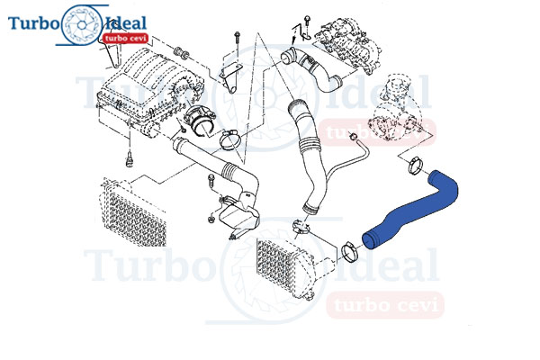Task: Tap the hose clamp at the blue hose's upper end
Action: (415, 165)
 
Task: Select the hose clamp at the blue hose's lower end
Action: (349, 252)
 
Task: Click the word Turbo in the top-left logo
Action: (33, 23)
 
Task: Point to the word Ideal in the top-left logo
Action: (127, 23)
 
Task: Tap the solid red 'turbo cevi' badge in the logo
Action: (125, 38)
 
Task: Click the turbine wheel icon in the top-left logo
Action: (82, 25)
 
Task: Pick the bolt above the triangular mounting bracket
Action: (237, 42)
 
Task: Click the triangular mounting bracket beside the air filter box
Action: (229, 77)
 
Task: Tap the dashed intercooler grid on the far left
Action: (132, 211)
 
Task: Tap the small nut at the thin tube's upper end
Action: (353, 137)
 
